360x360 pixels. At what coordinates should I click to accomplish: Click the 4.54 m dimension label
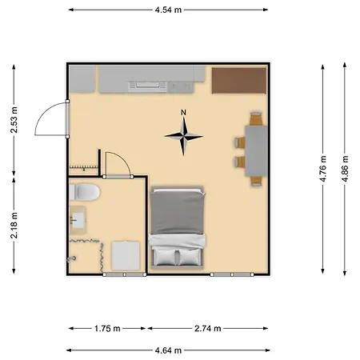(x=168, y=10)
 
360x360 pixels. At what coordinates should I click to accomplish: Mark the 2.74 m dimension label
(x=207, y=328)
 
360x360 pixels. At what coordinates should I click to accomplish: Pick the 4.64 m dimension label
(x=168, y=350)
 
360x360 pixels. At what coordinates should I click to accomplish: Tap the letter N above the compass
(x=184, y=112)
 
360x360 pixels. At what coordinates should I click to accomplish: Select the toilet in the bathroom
(x=84, y=192)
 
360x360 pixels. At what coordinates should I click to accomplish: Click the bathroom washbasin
(x=78, y=218)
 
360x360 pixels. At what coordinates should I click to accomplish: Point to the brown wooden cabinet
(x=238, y=79)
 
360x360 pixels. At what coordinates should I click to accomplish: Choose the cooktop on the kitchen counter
(x=149, y=83)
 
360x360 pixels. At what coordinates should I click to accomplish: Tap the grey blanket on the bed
(x=177, y=212)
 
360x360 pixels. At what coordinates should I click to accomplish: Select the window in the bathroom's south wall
(x=115, y=274)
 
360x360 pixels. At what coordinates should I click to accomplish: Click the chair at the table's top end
(x=256, y=118)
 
